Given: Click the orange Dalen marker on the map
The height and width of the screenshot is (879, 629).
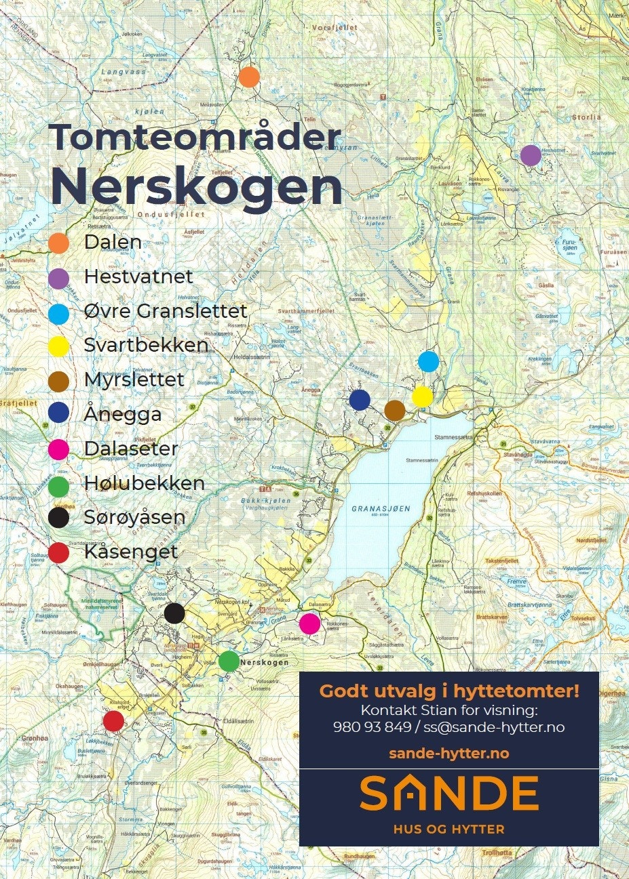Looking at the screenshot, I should (249, 77).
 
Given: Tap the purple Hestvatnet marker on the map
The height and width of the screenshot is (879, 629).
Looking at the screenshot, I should (531, 155).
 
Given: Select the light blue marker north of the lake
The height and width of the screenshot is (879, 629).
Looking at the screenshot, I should (428, 361).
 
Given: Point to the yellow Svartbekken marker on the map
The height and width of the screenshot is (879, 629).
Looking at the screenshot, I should (422, 396).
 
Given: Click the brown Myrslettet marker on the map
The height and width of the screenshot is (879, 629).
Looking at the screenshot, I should (395, 410).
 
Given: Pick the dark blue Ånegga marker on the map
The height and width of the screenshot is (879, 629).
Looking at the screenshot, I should (360, 400).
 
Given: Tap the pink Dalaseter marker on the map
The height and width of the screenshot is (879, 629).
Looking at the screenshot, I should (309, 623).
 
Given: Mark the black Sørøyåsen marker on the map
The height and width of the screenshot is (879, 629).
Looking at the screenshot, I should (174, 613).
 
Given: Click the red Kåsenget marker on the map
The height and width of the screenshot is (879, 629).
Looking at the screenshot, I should (113, 721).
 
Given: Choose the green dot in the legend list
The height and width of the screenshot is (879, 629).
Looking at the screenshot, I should (59, 485).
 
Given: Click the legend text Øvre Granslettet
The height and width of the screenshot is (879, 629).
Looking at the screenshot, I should (165, 311).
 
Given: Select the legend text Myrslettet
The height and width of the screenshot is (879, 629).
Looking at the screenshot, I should (134, 380).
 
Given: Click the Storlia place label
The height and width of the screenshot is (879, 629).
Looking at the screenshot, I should (586, 117).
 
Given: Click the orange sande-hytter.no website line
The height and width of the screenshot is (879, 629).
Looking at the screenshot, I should (449, 753).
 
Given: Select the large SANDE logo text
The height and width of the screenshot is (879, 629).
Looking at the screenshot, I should (449, 794).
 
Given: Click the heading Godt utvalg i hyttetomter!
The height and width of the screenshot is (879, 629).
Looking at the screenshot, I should (449, 691).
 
